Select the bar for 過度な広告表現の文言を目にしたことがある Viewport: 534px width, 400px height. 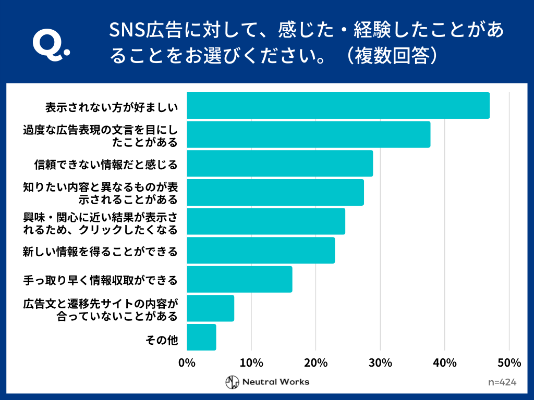(308, 134)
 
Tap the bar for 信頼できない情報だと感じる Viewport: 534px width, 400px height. (280, 164)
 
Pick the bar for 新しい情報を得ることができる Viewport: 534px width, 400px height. (261, 251)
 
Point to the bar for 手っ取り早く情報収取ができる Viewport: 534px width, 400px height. (239, 279)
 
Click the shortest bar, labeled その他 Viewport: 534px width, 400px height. (201, 337)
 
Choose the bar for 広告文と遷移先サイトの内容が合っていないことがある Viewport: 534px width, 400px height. (210, 308)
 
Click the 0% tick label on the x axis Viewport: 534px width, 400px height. (187, 363)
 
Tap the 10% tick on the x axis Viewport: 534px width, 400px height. (251, 363)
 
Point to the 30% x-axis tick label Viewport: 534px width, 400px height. (380, 363)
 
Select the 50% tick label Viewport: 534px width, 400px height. (509, 363)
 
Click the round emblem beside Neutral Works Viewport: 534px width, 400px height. (232, 382)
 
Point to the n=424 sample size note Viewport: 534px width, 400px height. (502, 382)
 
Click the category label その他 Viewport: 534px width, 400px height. (162, 341)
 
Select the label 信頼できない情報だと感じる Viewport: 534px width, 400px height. (106, 165)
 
